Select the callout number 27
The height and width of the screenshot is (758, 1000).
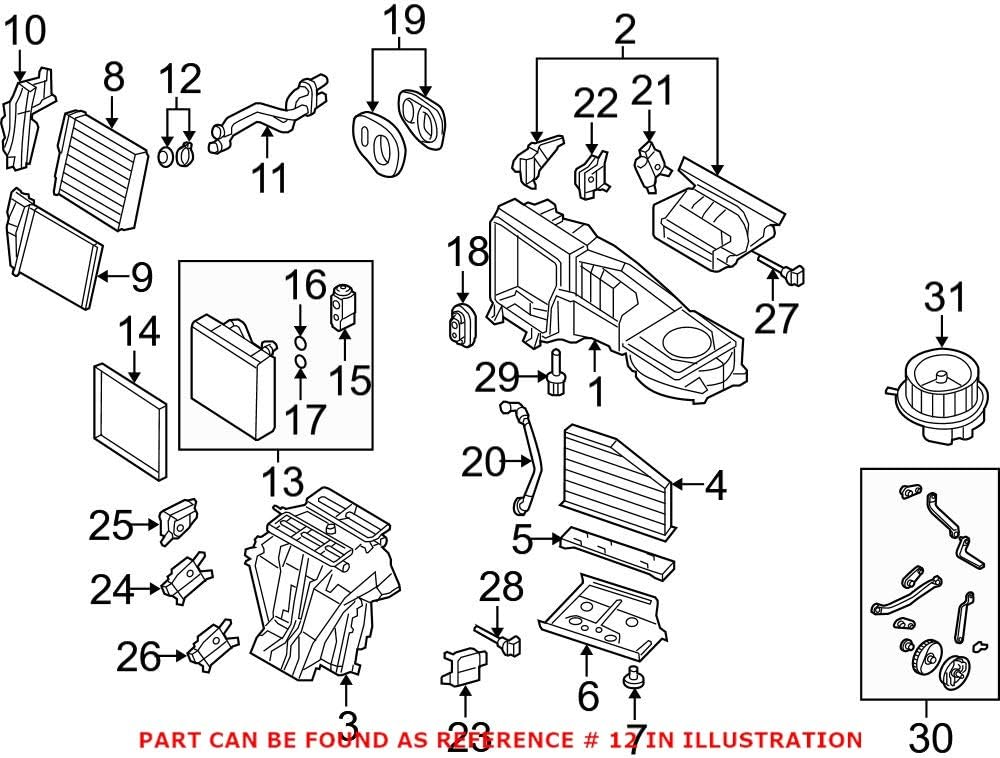pos(777,318)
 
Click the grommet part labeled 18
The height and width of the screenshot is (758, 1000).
pos(461,326)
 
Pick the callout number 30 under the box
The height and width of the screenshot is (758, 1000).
pos(930,738)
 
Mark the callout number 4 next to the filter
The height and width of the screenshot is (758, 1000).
pos(714,486)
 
